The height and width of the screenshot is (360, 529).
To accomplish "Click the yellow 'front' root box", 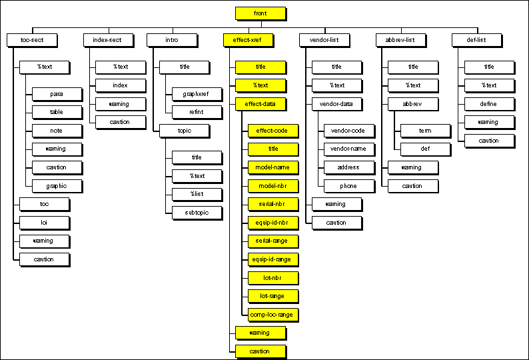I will pyautogui.click(x=261, y=13).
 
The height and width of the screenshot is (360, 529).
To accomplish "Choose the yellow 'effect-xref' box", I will pyautogui.click(x=247, y=40).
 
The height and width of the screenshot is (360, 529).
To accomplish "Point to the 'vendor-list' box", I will pyautogui.click(x=324, y=40).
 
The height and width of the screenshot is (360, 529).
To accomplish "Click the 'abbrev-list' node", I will pyautogui.click(x=400, y=40).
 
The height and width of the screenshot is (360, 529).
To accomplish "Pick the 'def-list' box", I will pyautogui.click(x=476, y=40).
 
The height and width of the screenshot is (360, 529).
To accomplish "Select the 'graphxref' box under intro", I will pyautogui.click(x=197, y=94).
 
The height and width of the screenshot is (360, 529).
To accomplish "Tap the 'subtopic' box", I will pyautogui.click(x=197, y=213).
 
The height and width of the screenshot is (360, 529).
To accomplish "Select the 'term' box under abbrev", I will pyautogui.click(x=425, y=131).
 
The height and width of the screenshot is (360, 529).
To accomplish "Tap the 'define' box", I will pyautogui.click(x=489, y=104).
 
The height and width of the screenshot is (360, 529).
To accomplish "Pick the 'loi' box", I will pyautogui.click(x=45, y=222).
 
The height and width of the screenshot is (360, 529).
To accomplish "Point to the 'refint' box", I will pyautogui.click(x=197, y=112).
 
